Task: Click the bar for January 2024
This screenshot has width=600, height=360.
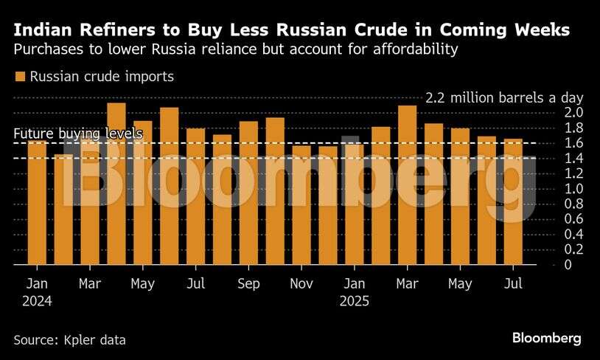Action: click(37, 203)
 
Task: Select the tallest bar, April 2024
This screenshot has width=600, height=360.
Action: click(116, 184)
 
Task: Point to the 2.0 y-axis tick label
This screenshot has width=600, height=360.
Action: click(554, 112)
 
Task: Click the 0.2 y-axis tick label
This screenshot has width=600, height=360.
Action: click(554, 249)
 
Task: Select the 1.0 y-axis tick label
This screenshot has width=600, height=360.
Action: click(554, 188)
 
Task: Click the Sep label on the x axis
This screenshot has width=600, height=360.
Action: click(249, 284)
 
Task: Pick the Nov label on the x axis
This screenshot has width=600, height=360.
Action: click(301, 284)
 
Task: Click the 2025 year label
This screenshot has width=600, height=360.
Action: click(355, 301)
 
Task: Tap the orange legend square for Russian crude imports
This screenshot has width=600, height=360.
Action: click(20, 77)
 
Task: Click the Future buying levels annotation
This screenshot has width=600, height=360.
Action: click(78, 134)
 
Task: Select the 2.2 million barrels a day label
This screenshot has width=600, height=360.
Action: click(504, 97)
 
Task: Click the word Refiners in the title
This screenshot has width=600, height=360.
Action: click(111, 30)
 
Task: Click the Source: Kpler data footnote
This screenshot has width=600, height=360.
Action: click(69, 340)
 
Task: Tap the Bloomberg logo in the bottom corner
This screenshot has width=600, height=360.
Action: click(546, 338)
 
